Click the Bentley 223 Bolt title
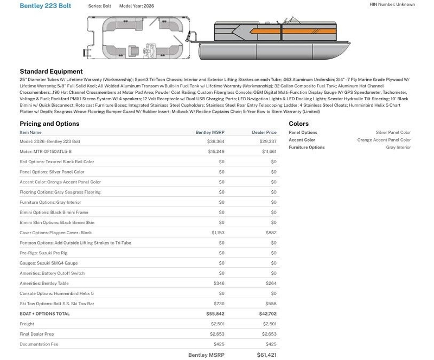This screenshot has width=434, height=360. (x=45, y=5)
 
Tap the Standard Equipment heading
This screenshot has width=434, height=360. (x=51, y=71)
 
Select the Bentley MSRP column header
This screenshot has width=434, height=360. (x=210, y=132)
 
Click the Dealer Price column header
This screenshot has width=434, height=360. (x=264, y=132)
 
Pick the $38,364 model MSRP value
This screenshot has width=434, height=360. (x=215, y=141)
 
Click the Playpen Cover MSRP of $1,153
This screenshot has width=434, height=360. (x=218, y=233)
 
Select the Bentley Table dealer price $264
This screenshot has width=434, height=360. (x=271, y=283)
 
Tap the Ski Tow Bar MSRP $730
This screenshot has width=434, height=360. (x=219, y=304)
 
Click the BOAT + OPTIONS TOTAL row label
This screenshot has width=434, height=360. (x=44, y=313)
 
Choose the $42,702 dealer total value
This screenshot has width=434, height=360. (x=266, y=313)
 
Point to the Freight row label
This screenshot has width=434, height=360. (x=27, y=324)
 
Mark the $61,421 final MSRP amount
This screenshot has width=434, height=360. (x=266, y=355)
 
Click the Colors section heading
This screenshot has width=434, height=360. (x=298, y=124)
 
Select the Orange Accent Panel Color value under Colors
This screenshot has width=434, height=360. (x=384, y=140)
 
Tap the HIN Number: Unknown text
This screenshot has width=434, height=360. (x=392, y=4)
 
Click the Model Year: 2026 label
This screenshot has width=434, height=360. (x=136, y=5)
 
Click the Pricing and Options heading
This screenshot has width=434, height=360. (x=49, y=124)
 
